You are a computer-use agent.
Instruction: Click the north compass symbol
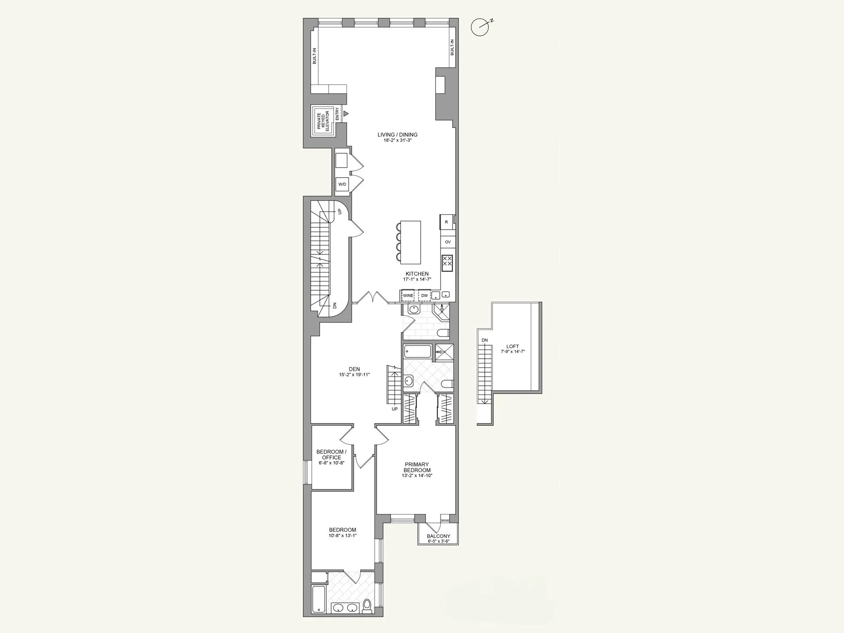coord(480,27)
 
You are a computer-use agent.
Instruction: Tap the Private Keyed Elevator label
coord(324,121)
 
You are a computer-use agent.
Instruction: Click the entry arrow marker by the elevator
coord(346,114)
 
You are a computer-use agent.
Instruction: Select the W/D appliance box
coord(342,184)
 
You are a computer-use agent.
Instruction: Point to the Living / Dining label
coord(397,135)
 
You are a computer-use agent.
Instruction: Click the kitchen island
coord(410,242)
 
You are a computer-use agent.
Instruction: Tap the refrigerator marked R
coord(446,222)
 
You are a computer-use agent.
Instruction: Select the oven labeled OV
coord(448,242)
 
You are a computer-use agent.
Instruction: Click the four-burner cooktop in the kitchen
coord(447,263)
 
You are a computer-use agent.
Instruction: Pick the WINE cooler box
coord(408,295)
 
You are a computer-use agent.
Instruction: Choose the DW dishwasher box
coord(425,295)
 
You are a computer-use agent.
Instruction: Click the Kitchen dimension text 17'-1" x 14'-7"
coord(417,279)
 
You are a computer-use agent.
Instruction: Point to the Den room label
coord(354,369)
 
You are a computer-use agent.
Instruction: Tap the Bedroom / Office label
coord(331,455)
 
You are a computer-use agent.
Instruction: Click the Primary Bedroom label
coord(417,467)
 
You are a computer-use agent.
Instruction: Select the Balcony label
coord(438,536)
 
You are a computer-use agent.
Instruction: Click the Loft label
coord(513,346)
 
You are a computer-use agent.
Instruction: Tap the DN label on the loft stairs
coord(484,340)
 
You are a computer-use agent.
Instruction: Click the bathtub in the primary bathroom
coord(417,352)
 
